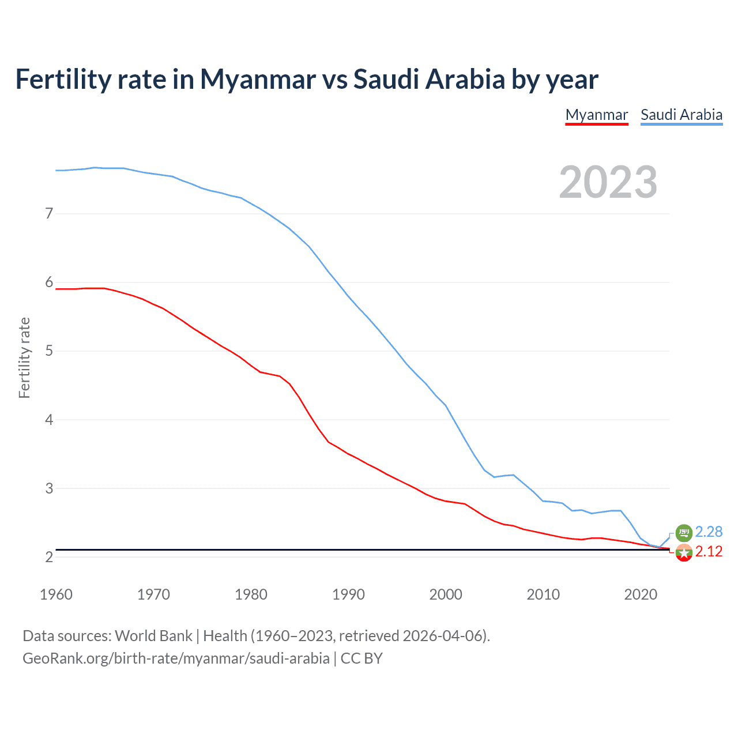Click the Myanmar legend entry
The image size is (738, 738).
[x=596, y=115]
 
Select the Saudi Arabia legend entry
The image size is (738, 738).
[x=681, y=115]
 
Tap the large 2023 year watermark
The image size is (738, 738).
[x=608, y=182]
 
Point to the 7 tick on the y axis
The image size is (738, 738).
[x=49, y=214]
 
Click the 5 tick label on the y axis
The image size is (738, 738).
[x=49, y=351]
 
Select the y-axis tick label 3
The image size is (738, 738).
[x=49, y=488]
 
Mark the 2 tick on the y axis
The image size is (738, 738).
[x=49, y=557]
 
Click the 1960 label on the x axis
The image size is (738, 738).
[x=56, y=594]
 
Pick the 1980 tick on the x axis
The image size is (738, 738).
[x=251, y=594]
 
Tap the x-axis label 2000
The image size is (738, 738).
[x=446, y=594]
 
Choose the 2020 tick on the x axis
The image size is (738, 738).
[x=641, y=594]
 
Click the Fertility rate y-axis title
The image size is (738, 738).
[x=24, y=357]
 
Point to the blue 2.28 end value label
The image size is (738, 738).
[x=709, y=532]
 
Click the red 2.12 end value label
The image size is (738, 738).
[x=709, y=552]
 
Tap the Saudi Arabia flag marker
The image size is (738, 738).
[x=684, y=533]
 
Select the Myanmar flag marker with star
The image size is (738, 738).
[x=684, y=552]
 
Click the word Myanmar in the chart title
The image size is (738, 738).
[x=258, y=79]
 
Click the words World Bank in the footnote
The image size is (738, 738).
[x=153, y=636]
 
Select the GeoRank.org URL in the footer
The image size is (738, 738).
[x=176, y=658]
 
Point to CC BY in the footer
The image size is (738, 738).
[x=362, y=658]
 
